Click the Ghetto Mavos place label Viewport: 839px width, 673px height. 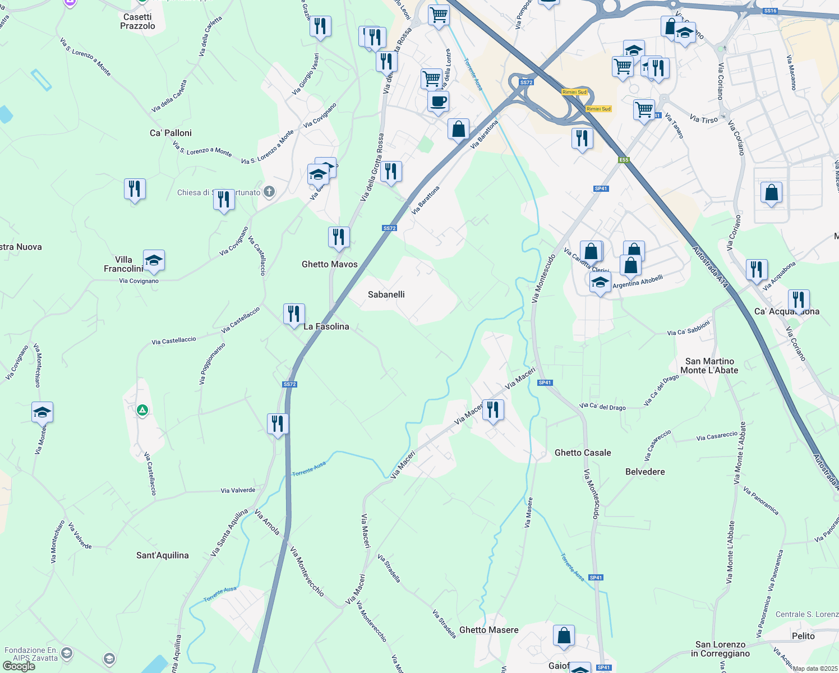[329, 264]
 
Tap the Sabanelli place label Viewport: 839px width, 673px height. [386, 294]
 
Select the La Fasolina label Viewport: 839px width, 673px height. [326, 326]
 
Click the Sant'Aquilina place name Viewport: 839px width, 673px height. [163, 555]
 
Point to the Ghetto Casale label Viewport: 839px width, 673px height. [583, 453]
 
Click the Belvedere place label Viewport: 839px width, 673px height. [645, 472]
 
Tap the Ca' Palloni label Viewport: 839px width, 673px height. [170, 133]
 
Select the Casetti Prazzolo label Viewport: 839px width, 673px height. [137, 21]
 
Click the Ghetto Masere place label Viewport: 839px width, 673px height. [488, 630]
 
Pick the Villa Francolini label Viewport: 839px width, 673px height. [123, 264]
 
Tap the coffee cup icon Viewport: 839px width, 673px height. [438, 102]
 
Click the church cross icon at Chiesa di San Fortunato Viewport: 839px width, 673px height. [269, 192]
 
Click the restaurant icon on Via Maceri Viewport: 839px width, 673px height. [493, 410]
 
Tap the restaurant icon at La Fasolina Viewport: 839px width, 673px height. [294, 314]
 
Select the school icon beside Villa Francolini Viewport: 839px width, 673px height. [154, 260]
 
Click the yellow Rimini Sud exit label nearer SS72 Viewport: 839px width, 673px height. [574, 92]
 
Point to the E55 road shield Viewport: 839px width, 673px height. [624, 160]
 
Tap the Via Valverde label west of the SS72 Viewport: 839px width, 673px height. [238, 490]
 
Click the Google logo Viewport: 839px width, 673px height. [19, 666]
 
